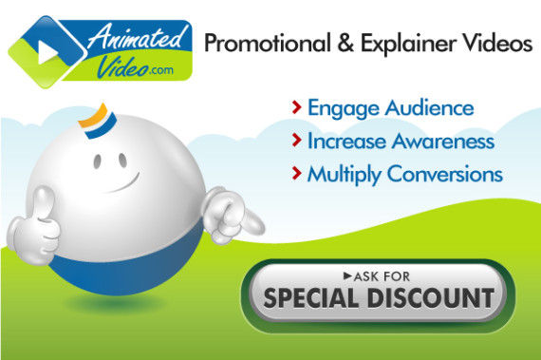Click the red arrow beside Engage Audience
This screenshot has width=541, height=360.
(297, 107)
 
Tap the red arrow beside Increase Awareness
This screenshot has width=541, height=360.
(297, 142)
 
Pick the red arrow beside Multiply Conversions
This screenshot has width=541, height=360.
(297, 175)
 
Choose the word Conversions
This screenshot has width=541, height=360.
(450, 175)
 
